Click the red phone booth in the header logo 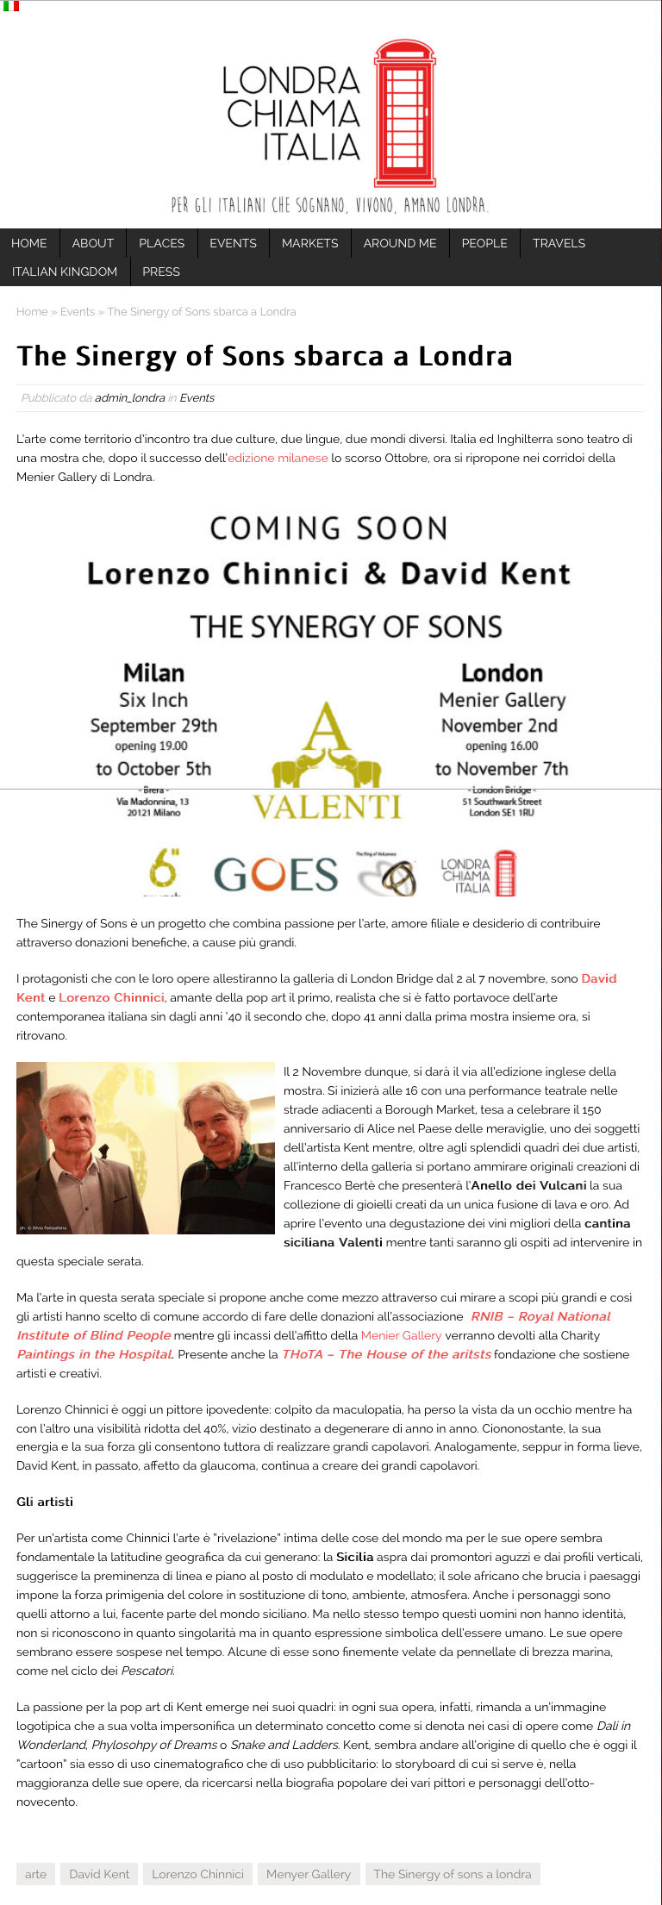pos(404,113)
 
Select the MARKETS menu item pos(309,243)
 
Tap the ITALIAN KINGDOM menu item pos(65,272)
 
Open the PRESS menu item pos(161,272)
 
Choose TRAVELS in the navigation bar pos(559,243)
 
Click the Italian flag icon pos(11,6)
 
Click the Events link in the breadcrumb pos(78,312)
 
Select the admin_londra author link pos(129,398)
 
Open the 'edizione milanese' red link pos(278,458)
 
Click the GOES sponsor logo pos(276,874)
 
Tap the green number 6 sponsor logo pos(164,870)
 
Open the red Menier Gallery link pos(401,1335)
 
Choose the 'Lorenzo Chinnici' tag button pos(197,1874)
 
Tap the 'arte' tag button pos(35,1874)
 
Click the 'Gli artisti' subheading pos(45,1502)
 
